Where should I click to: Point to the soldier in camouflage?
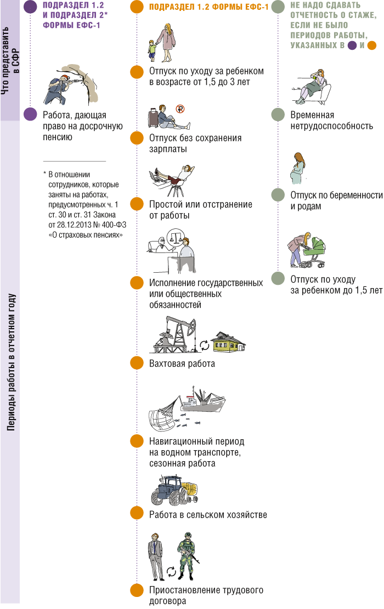(188, 556)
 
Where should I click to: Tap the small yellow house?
(228, 341)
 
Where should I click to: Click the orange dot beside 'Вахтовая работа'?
(137, 363)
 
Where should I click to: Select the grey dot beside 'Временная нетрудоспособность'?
(278, 114)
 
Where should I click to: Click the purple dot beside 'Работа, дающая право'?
(31, 114)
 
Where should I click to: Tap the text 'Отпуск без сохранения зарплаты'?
(195, 143)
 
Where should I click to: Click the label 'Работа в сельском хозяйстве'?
(208, 515)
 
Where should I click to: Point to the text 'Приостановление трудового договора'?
(206, 595)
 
